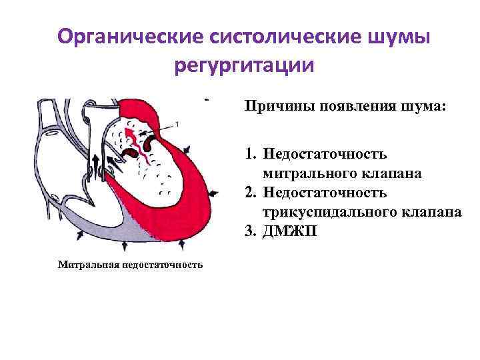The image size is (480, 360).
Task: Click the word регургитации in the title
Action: pyautogui.click(x=243, y=67)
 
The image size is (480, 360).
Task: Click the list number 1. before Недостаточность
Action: pyautogui.click(x=251, y=155)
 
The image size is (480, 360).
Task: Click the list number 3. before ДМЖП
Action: pyautogui.click(x=251, y=231)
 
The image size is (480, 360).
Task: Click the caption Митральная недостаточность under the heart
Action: pyautogui.click(x=130, y=265)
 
